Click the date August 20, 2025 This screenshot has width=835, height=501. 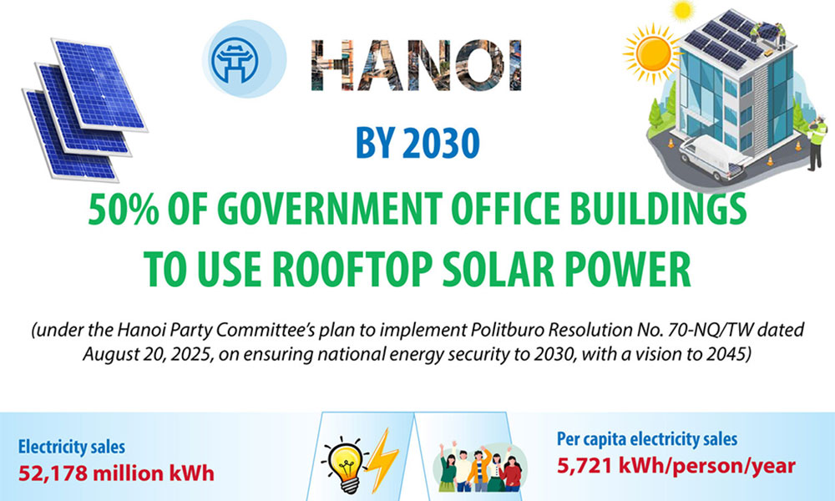point(145,353)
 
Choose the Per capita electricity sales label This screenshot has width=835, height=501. point(646,439)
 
